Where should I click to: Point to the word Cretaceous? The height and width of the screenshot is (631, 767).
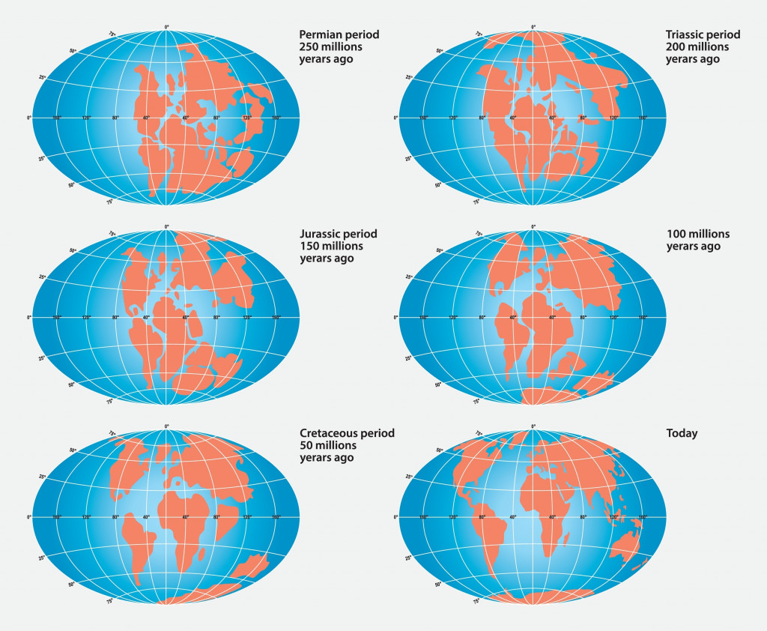pyautogui.click(x=330, y=433)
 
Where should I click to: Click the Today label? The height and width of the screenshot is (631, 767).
pyautogui.click(x=682, y=433)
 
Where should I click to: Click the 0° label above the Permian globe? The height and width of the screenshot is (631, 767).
pyautogui.click(x=166, y=27)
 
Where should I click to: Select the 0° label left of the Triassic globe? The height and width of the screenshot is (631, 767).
pyautogui.click(x=395, y=118)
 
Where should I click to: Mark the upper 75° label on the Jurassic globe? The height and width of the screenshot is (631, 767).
pyautogui.click(x=113, y=234)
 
